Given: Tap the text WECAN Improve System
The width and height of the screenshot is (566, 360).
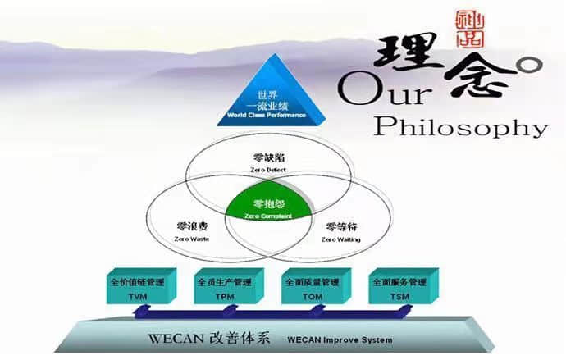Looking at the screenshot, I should pos(340,339).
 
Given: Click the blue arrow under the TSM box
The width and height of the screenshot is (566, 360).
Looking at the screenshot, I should pos(392,309).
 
